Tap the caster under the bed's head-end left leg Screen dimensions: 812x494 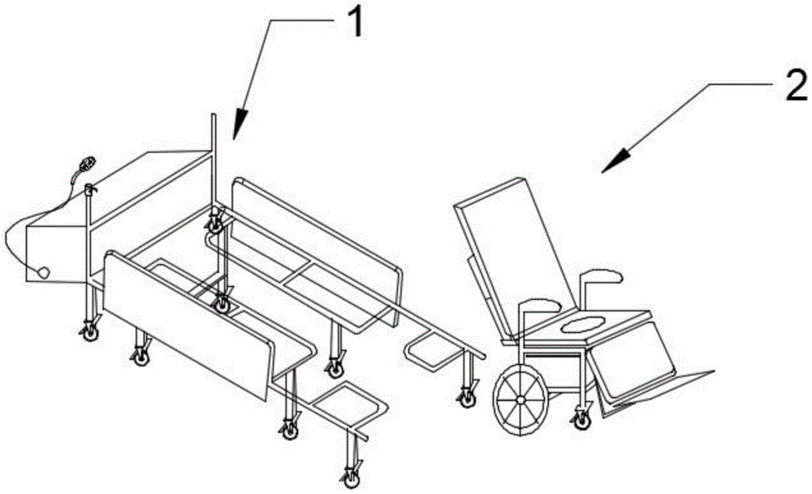pos(86,331)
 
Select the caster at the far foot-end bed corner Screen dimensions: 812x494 pos(467,397)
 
